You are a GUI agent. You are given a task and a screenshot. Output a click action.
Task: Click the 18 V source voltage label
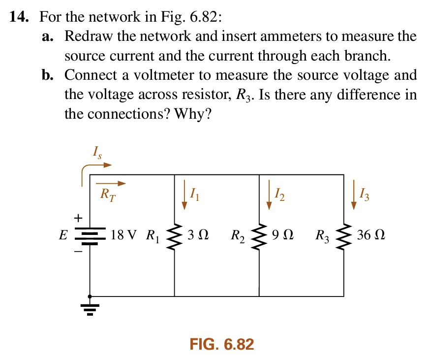pos(125,235)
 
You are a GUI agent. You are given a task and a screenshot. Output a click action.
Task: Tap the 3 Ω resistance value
pos(197,235)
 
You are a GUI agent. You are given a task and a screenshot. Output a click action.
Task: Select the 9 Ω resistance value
pos(282,235)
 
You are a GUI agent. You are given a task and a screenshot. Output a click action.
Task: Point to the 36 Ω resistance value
pos(371,235)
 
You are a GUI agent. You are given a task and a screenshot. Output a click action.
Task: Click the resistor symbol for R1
pos(174,235)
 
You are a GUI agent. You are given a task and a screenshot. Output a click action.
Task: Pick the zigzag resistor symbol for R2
pos(259,235)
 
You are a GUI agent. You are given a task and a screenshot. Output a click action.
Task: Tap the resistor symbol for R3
pos(343,235)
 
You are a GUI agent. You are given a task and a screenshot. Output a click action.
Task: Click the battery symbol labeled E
pos(90,235)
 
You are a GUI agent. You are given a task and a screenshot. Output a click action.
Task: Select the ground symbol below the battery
pos(90,307)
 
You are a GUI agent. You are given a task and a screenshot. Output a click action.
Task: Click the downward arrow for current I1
pos(184,195)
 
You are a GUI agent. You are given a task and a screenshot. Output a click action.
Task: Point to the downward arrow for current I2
pos(269,195)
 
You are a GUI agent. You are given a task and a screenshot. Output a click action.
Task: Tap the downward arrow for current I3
pos(353,195)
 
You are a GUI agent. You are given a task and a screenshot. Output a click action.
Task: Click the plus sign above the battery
pos(77,217)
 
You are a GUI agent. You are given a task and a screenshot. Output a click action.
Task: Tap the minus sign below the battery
pos(77,251)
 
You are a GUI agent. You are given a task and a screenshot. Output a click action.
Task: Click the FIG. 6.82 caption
pos(221,344)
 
